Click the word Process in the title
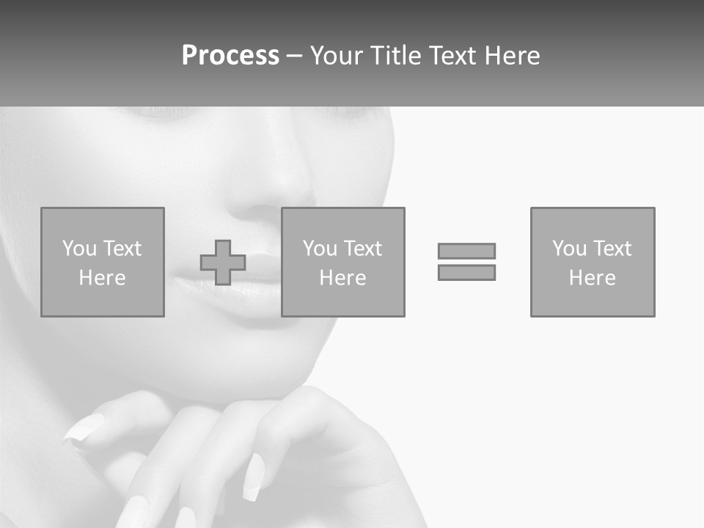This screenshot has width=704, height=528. coord(230,56)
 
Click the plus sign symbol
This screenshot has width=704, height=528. coord(223,263)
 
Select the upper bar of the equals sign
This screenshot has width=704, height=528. coord(466,251)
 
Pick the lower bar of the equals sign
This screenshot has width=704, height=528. coord(466,272)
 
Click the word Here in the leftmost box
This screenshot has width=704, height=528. coord(102,278)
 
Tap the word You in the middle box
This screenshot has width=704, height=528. coord(319,249)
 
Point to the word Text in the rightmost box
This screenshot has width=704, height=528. coord(614,249)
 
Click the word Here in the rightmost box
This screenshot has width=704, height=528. coord(592,278)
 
